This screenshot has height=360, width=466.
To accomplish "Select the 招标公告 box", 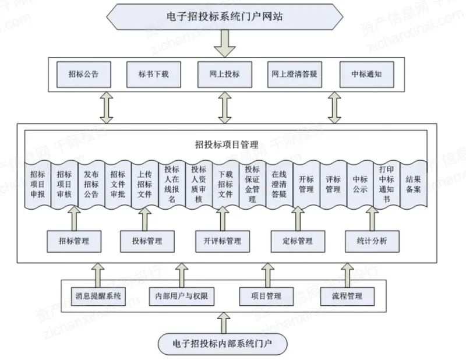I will click(83, 75).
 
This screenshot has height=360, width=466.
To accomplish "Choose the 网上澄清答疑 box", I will click(295, 75).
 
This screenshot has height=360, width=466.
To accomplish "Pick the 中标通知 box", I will click(365, 75).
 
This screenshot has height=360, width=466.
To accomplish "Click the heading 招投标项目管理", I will click(227, 143).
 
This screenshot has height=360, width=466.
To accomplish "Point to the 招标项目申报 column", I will click(37, 183).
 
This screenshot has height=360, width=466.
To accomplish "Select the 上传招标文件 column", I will click(145, 183).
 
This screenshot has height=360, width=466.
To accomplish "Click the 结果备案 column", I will click(413, 183).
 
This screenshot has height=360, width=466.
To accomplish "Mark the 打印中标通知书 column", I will click(386, 183).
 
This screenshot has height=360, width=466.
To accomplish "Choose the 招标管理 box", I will click(74, 240).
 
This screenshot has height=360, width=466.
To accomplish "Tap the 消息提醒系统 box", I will click(98, 297).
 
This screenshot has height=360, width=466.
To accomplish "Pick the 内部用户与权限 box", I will click(182, 297).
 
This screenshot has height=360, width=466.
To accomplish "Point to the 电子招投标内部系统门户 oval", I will click(223, 343).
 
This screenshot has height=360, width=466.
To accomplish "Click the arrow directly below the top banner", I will click(224, 44).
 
